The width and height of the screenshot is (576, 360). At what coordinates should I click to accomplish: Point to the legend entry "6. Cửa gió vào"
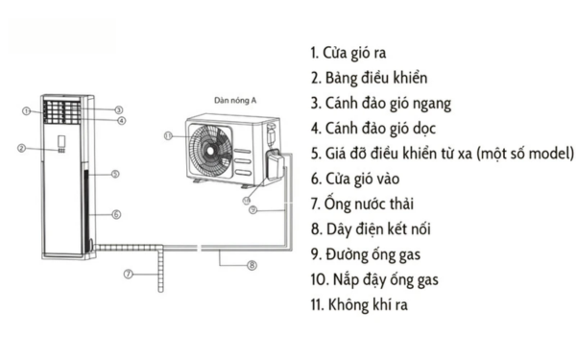[x=357, y=179]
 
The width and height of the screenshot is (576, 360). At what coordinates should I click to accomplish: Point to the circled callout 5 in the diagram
[x=114, y=174]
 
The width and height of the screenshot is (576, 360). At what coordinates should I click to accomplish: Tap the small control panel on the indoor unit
[x=60, y=147]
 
